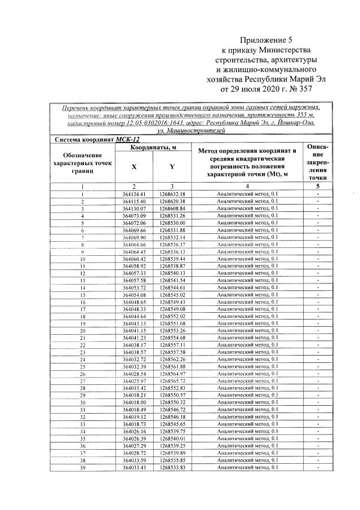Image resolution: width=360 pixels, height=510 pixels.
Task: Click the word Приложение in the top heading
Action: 263,40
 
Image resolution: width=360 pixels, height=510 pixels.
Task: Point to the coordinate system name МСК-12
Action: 127,139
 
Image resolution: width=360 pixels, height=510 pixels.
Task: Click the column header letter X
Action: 134,167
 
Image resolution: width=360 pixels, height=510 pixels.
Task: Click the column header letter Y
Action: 172,167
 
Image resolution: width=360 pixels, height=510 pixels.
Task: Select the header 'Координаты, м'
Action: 153,148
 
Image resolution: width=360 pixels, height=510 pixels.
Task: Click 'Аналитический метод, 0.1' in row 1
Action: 247,194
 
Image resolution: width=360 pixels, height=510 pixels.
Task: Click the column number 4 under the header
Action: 247,186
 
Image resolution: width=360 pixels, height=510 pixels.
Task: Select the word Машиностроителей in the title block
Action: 201,130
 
